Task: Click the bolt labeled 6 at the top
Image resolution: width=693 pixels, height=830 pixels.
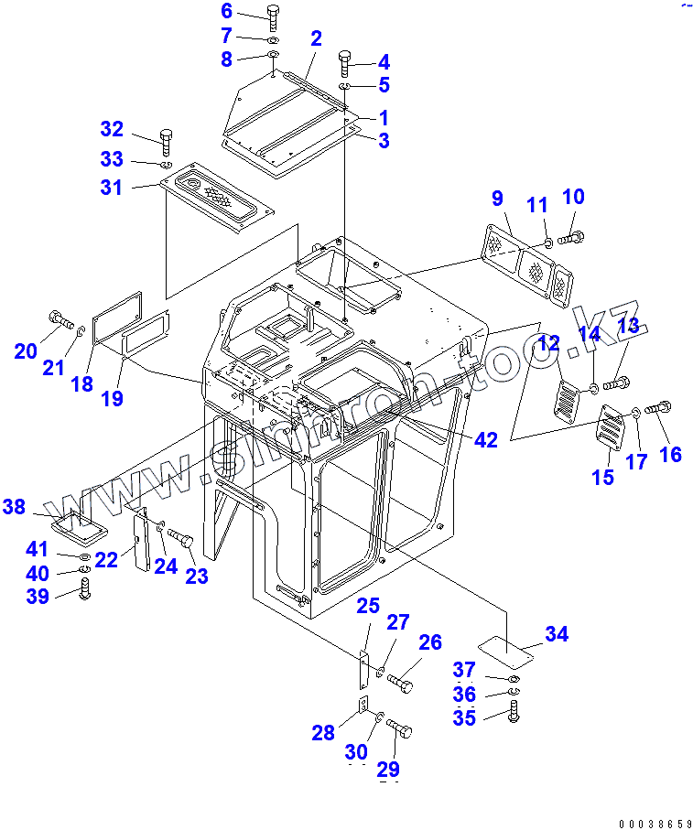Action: tap(274, 16)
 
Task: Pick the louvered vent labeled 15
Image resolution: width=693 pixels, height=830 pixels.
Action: tap(609, 426)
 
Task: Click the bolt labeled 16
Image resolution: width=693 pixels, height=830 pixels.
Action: tap(659, 409)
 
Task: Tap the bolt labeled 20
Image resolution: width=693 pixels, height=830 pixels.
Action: tap(58, 319)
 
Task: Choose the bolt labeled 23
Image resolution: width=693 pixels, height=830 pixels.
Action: tap(181, 539)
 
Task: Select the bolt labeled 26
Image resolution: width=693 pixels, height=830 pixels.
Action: tap(400, 683)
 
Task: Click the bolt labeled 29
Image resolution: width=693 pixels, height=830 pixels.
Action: tap(400, 729)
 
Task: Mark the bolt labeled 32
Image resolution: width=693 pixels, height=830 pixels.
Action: tap(166, 140)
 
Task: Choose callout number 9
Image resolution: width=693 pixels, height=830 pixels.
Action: tap(497, 197)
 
